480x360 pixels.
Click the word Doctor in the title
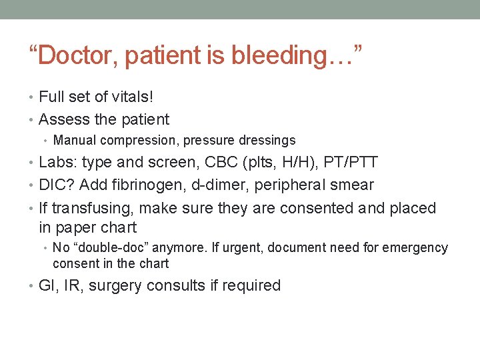[x=79, y=55]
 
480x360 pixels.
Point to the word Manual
[x=74, y=141]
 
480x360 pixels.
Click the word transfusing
[x=91, y=208]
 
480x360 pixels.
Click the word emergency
[x=415, y=248]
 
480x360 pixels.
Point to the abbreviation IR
[x=73, y=286]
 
